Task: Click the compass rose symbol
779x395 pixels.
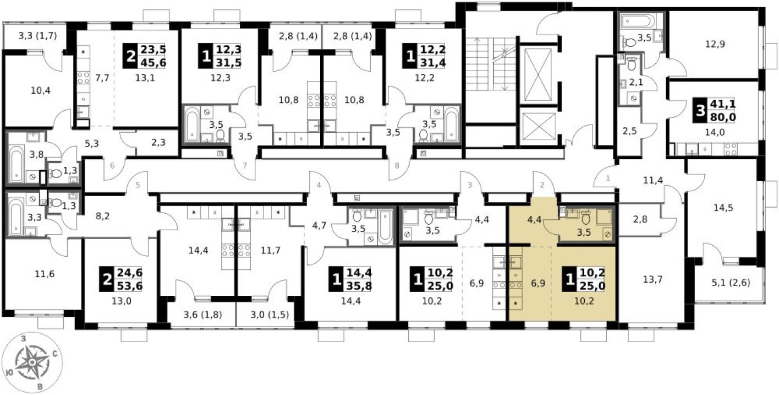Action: pyautogui.click(x=32, y=362)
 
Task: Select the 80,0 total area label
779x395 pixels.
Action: pyautogui.click(x=723, y=117)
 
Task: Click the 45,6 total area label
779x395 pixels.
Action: pyautogui.click(x=153, y=63)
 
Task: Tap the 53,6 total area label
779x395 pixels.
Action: pyautogui.click(x=130, y=286)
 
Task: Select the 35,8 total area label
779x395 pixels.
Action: pyautogui.click(x=359, y=286)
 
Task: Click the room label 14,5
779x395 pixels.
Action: pyautogui.click(x=723, y=208)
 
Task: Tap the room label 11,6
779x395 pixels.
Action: pyautogui.click(x=45, y=274)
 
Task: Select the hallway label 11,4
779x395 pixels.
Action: pyautogui.click(x=653, y=180)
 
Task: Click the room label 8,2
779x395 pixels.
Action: pyautogui.click(x=102, y=217)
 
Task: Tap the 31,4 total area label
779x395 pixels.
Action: pyautogui.click(x=432, y=63)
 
